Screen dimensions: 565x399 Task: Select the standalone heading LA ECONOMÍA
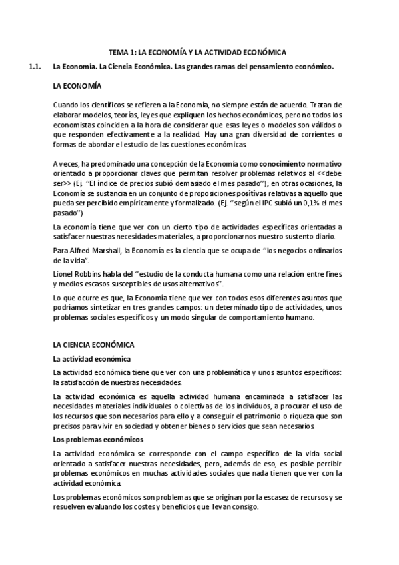tap(77, 87)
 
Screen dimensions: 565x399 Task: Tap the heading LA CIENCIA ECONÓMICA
tap(93, 345)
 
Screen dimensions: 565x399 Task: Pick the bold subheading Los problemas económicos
tap(97, 440)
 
